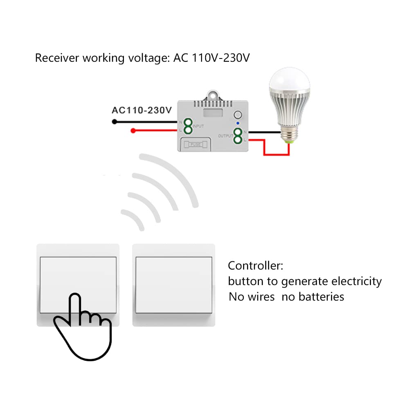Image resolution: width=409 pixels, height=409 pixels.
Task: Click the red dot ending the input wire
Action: (133, 131)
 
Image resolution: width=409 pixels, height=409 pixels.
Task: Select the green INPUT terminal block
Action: (188, 126)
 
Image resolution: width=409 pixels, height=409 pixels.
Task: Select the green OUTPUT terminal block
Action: (237, 136)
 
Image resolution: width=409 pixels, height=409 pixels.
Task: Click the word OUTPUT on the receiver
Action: (225, 136)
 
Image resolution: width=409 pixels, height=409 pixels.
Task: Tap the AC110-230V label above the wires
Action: (142, 110)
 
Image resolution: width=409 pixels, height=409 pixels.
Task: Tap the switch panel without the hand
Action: (174, 285)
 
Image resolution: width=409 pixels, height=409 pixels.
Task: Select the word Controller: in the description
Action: (255, 265)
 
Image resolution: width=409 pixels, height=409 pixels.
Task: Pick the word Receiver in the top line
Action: (57, 58)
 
